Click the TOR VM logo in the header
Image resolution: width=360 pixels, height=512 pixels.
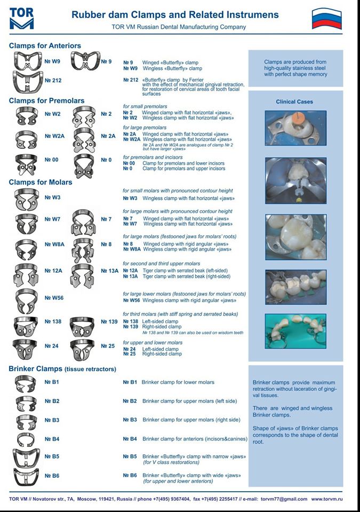(x=21, y=19)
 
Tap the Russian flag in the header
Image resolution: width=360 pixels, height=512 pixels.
(x=326, y=19)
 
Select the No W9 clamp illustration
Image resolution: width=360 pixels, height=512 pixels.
(x=28, y=61)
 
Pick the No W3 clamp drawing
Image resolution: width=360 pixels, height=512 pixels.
(x=27, y=199)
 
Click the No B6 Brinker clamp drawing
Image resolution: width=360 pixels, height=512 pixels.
(x=26, y=477)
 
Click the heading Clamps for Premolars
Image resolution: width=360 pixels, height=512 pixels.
(x=47, y=101)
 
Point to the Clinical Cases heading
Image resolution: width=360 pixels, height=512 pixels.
(x=294, y=102)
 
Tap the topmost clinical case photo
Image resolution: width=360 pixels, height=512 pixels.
(x=295, y=128)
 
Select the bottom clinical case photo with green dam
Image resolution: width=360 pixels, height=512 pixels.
(x=295, y=331)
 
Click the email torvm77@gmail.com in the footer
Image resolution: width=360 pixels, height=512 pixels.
(x=284, y=499)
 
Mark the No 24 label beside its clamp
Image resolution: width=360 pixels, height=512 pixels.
(x=52, y=346)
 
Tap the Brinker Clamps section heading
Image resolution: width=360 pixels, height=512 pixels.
(x=62, y=369)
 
